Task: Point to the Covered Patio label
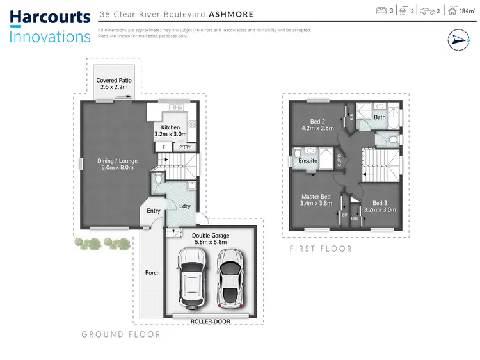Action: (113, 80)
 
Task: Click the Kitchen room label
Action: (170, 127)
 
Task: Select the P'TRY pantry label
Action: (185, 147)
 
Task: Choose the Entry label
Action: (154, 211)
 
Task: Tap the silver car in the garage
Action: (228, 277)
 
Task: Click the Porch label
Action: (152, 273)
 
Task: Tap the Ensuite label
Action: (308, 161)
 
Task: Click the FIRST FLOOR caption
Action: (321, 249)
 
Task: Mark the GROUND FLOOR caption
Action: (121, 334)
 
